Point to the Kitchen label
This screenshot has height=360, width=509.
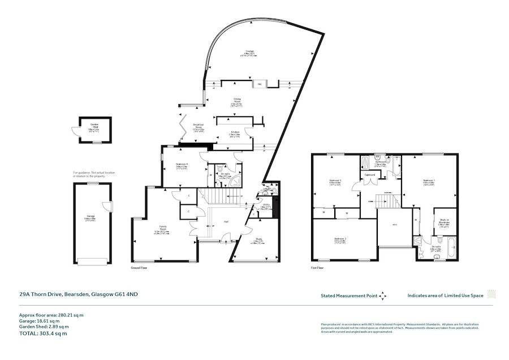pyautogui.click(x=235, y=133)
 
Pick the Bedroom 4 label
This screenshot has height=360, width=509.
pyautogui.click(x=182, y=166)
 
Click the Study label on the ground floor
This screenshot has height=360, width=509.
pyautogui.click(x=259, y=239)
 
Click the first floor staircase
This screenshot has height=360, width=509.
pyautogui.click(x=387, y=200)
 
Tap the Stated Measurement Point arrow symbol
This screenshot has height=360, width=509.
pyautogui.click(x=383, y=295)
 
